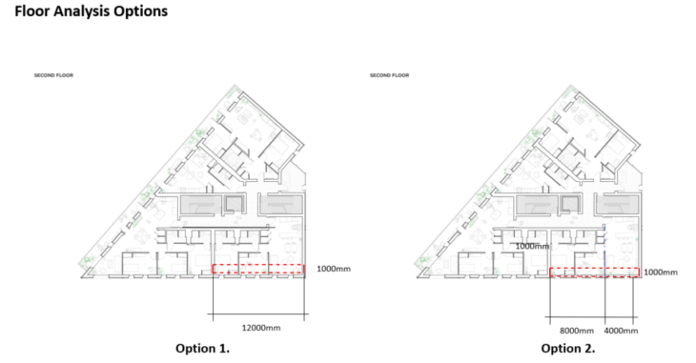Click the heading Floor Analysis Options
coord(91,11)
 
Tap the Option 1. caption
coord(202,348)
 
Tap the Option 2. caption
coord(567,348)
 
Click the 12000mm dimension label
coord(261,328)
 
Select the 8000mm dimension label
coord(577,331)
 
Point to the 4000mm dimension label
coord(621,331)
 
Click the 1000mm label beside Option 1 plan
coord(334,269)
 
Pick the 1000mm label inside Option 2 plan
coord(532,246)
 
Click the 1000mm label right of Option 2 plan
coord(661,272)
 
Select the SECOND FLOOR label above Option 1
coord(53,75)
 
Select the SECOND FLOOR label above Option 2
coord(389,75)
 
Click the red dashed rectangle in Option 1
coord(258,265)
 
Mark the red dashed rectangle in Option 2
coord(594,269)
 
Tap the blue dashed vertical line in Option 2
coord(604,252)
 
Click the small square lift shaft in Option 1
coord(233,204)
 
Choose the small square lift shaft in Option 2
coord(569,204)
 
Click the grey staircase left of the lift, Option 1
coord(201,205)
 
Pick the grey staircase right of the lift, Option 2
coord(618,204)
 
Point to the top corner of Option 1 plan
coord(235,85)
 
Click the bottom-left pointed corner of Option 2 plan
coord(418,277)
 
